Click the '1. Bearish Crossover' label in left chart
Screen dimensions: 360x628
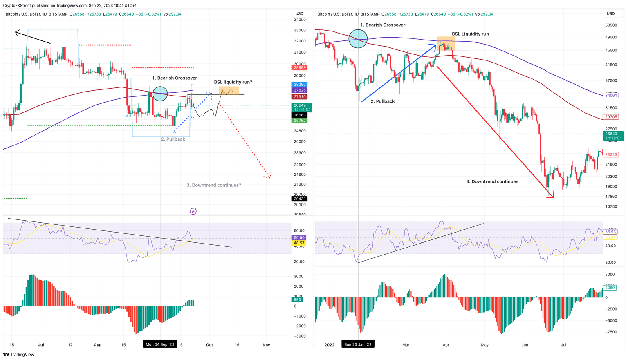175,78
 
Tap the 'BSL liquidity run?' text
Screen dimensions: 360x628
233,82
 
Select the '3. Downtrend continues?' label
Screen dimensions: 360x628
214,185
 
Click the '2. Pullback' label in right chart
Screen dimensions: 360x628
382,101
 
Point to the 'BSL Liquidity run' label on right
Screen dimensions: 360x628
470,34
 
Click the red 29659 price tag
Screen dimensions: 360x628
300,68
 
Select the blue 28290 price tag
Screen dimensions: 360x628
300,85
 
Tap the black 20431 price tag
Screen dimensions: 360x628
300,199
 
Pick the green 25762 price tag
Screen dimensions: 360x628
300,121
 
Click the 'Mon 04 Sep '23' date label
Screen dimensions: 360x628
160,344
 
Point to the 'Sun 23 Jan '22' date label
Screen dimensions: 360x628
358,344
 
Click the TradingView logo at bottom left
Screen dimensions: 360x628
19,354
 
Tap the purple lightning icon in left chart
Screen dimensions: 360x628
193,211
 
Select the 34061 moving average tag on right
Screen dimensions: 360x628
611,96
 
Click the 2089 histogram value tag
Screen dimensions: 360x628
610,288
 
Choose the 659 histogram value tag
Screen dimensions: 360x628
298,300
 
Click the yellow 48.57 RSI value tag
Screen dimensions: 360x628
299,243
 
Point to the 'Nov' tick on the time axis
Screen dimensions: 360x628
266,345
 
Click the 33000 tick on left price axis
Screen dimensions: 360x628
300,30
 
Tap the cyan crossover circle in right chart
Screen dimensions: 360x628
358,39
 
